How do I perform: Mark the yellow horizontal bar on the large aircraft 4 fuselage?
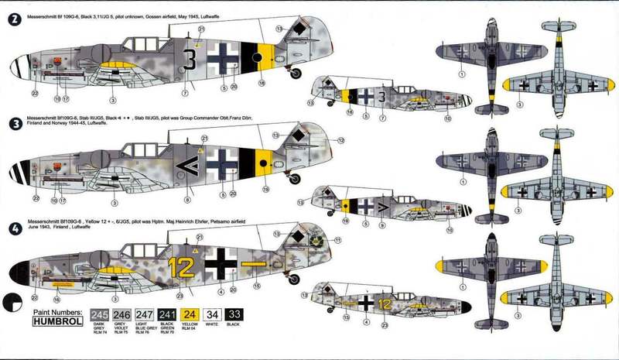[252, 264]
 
